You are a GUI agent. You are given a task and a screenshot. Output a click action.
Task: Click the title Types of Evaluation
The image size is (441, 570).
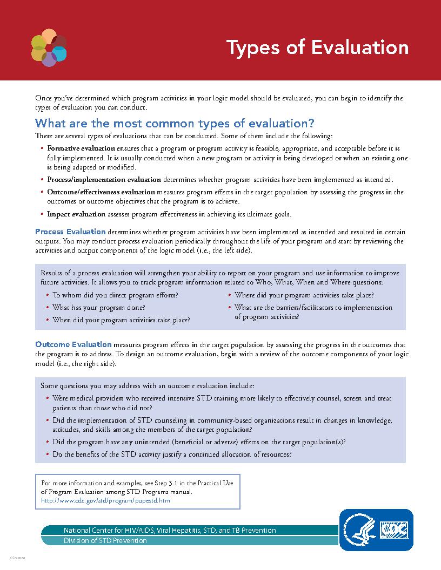point(317,47)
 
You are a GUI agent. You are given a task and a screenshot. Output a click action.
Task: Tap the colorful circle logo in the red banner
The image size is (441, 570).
point(49,49)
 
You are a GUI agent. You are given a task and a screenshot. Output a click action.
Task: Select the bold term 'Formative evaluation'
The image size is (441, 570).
point(81,148)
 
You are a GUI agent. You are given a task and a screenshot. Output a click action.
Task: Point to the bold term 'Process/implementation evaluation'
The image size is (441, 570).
point(104,179)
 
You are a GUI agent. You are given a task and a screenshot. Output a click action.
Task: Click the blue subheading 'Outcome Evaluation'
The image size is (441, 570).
point(73,344)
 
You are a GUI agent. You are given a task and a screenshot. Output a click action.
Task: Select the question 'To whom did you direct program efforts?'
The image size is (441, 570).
point(115,295)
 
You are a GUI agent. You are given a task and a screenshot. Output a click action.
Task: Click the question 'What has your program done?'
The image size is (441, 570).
point(98,308)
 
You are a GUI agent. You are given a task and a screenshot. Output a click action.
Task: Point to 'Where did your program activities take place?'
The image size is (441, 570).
point(304,295)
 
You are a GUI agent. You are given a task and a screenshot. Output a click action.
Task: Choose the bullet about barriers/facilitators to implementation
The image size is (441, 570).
point(313,312)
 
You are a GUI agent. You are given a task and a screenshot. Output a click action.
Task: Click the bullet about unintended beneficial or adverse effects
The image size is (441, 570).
point(199,442)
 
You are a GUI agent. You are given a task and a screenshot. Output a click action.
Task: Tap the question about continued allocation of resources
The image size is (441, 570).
point(172,454)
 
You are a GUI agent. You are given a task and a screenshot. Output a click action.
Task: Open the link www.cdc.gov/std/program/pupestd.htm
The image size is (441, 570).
point(106,500)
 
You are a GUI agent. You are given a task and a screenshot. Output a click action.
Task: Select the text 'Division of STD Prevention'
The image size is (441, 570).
point(105,540)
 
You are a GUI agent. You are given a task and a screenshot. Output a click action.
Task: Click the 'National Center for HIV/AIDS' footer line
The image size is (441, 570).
point(170,530)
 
